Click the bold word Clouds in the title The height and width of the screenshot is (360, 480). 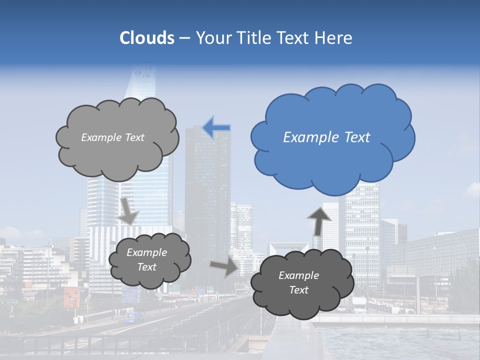[x=147, y=37]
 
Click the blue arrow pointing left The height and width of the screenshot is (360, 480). [x=216, y=128]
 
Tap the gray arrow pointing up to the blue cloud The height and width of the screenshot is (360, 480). [x=319, y=221]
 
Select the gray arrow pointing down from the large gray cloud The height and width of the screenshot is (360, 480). [x=128, y=210]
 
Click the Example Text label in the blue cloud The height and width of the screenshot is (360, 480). [x=326, y=137]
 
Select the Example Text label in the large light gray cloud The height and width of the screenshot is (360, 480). [x=112, y=137]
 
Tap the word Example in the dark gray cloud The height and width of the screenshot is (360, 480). [x=298, y=275]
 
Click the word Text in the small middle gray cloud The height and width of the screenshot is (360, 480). [x=146, y=267]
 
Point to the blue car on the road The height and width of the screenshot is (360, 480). [x=132, y=317]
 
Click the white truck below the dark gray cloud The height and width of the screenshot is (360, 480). [x=359, y=304]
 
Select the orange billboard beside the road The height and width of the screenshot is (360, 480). [x=71, y=297]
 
